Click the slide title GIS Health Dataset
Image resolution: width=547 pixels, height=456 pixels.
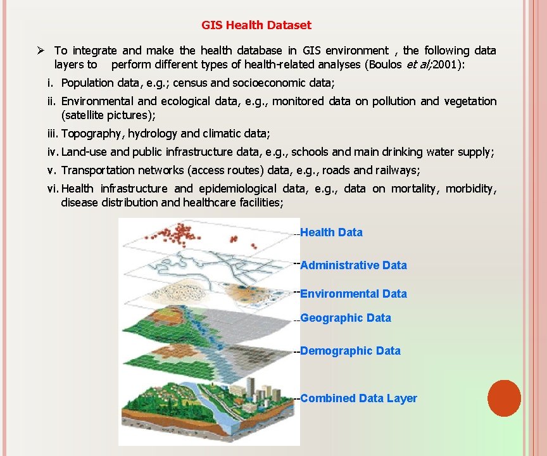pyautogui.click(x=256, y=25)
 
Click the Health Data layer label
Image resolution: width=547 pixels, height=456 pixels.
pyautogui.click(x=331, y=232)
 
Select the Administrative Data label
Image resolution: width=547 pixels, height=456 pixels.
pyautogui.click(x=353, y=265)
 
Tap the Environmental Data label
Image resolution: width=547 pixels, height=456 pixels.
pyautogui.click(x=353, y=294)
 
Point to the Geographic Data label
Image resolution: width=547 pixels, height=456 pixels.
pyautogui.click(x=346, y=318)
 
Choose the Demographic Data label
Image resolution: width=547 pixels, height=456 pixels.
pyautogui.click(x=350, y=351)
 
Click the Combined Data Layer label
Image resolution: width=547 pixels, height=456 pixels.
pyautogui.click(x=358, y=398)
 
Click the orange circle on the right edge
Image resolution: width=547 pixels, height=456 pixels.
pyautogui.click(x=505, y=398)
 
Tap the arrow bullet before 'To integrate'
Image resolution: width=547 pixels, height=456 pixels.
pyautogui.click(x=40, y=51)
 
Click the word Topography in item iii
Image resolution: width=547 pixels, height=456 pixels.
pyautogui.click(x=92, y=134)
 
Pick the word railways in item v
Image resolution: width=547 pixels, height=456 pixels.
pyautogui.click(x=397, y=170)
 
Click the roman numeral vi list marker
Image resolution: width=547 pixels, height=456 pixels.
pyautogui.click(x=53, y=189)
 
